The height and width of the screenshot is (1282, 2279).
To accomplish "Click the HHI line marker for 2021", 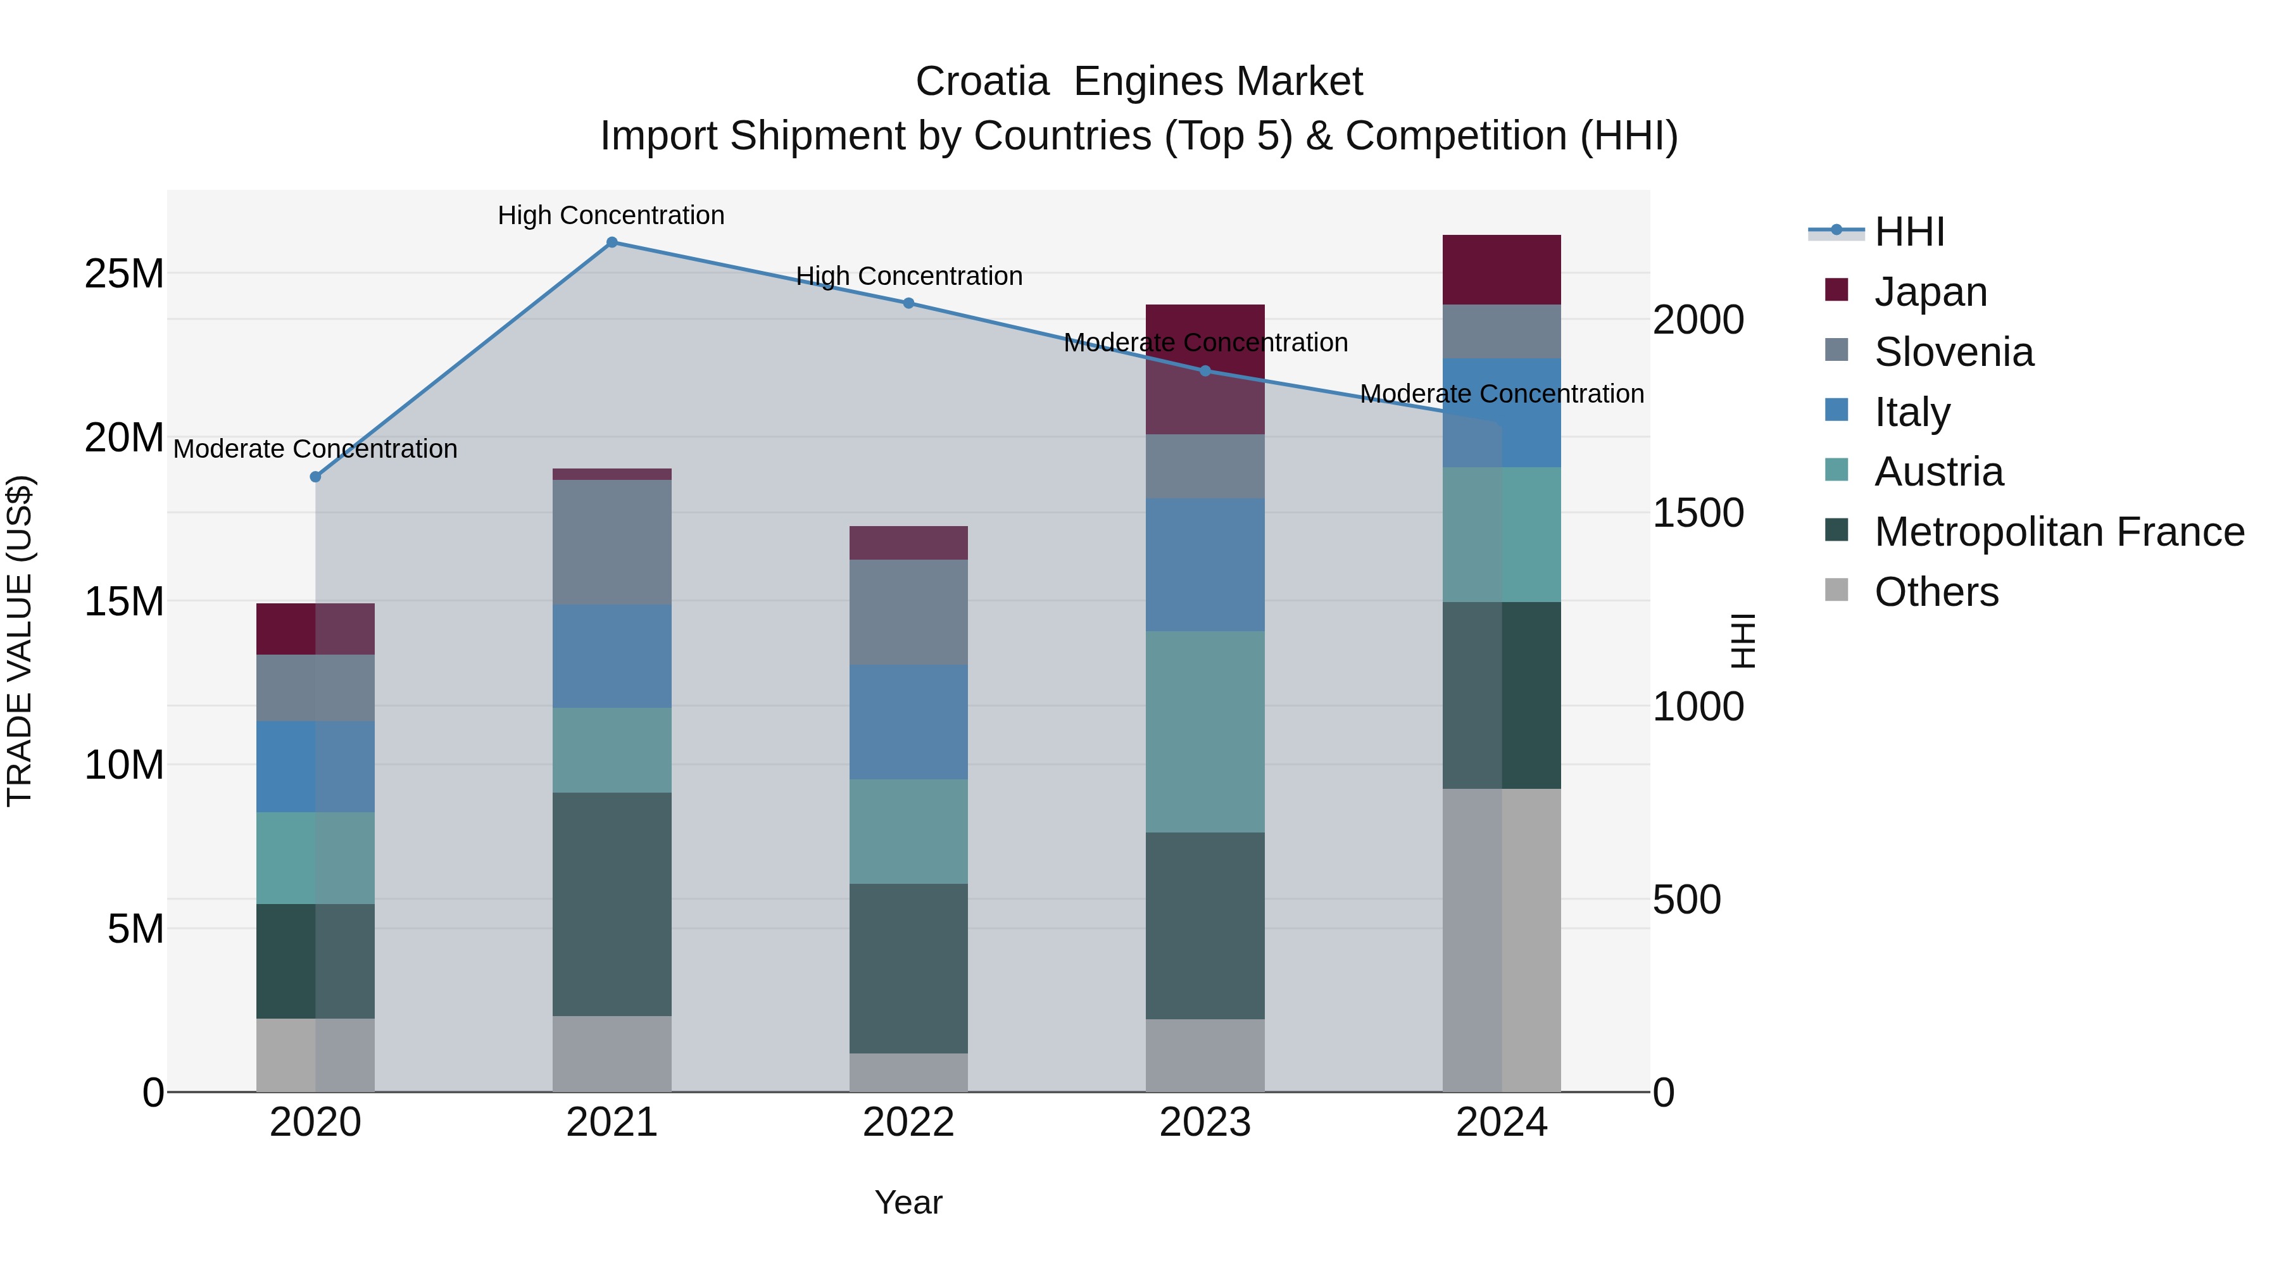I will click(x=612, y=242).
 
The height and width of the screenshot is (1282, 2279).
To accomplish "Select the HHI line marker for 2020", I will click(x=316, y=477).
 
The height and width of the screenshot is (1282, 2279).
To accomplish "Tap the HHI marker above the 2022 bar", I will click(x=908, y=303).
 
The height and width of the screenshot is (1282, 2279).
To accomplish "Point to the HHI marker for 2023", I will click(x=1205, y=371).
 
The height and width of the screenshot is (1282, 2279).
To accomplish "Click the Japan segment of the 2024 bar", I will click(x=1502, y=270).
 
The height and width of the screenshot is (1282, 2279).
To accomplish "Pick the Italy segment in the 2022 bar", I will click(x=908, y=722).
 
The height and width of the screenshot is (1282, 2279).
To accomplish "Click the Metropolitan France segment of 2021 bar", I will click(x=612, y=903).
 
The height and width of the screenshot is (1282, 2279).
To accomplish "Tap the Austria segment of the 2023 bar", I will click(x=1205, y=732).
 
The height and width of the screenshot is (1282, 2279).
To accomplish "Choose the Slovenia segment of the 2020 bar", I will click(x=316, y=688).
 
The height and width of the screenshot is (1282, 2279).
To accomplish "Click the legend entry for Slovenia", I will click(x=1954, y=352).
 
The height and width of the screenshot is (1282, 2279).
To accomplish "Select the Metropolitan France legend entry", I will click(x=2059, y=532).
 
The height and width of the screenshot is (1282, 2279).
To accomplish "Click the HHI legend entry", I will click(x=1908, y=232).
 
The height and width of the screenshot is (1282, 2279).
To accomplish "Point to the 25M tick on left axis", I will click(x=124, y=273).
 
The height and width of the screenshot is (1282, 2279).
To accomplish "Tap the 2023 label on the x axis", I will click(x=1205, y=1122).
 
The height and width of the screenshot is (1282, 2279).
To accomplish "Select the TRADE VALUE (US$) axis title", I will click(x=20, y=641).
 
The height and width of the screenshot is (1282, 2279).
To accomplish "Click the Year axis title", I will click(x=908, y=1202).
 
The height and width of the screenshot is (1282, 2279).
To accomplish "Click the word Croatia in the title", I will click(x=982, y=82).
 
